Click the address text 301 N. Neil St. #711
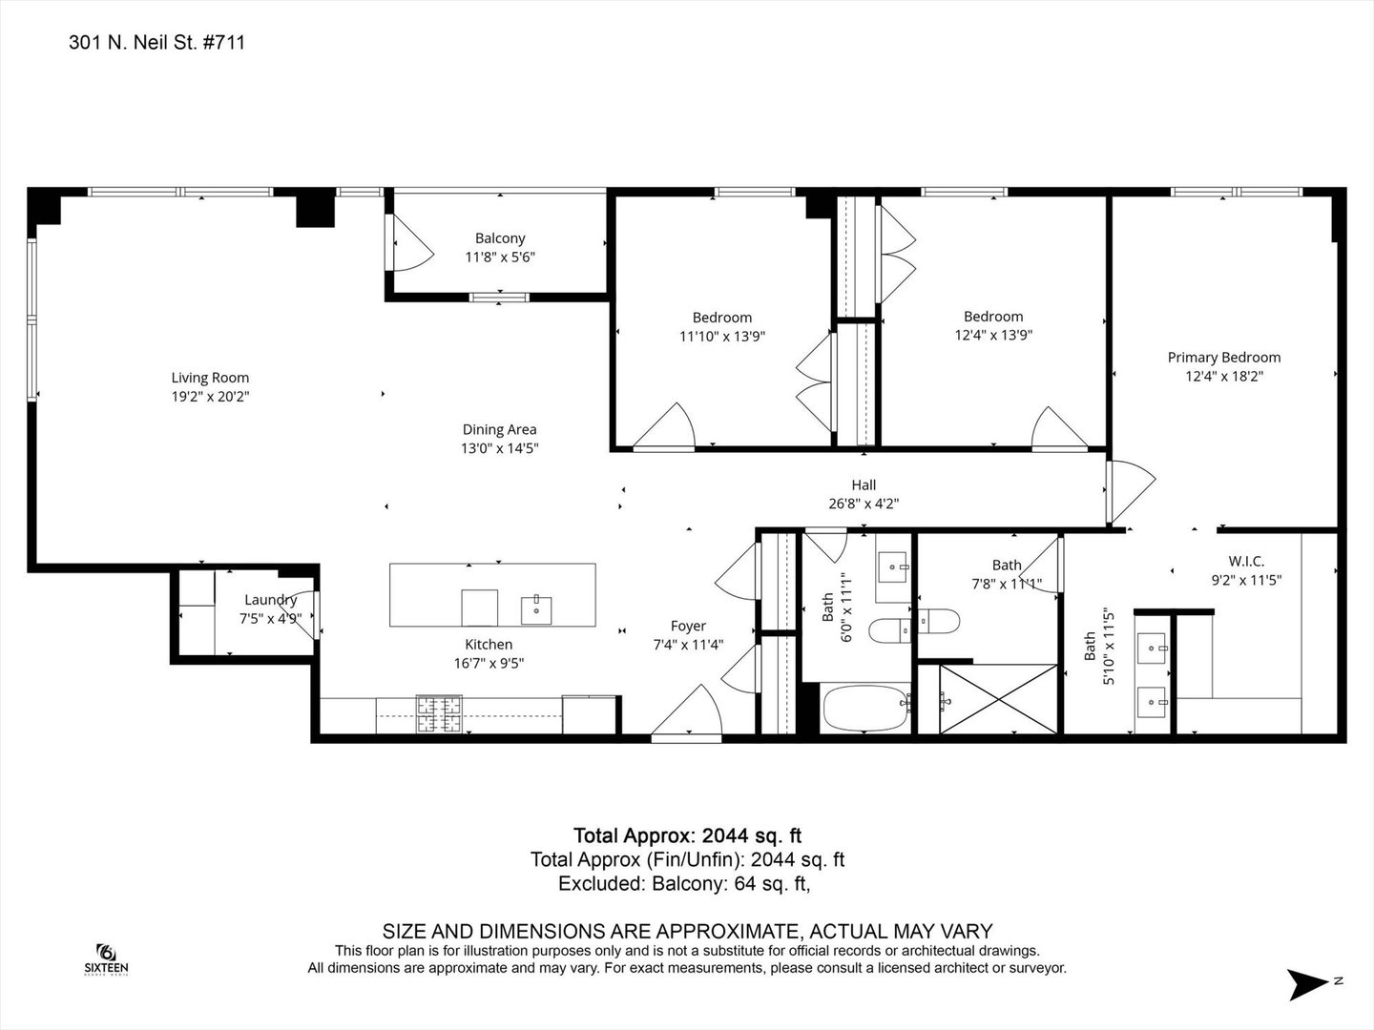coord(156,43)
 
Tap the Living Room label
coord(210,378)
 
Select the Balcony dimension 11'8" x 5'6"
coord(500,257)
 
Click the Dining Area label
coord(500,429)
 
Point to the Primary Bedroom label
coord(1224,358)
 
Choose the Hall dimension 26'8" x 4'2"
coord(864,504)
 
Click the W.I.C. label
coord(1246,561)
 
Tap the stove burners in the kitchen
coord(440,713)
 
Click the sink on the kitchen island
coord(536,609)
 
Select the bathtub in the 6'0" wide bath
coord(865,709)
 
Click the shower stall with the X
coord(998,698)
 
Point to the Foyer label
coord(688,626)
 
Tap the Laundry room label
coord(270,601)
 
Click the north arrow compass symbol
coord(1308,984)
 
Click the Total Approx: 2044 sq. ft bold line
coord(687,835)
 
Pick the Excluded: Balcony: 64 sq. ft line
coord(684,884)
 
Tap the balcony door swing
coord(410,244)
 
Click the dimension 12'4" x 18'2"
coord(1224,377)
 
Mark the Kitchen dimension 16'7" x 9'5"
coord(489,663)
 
